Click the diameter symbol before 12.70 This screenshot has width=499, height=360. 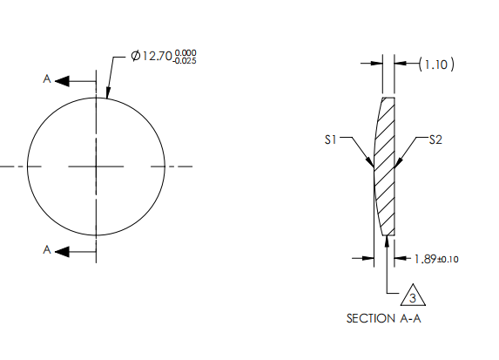point(137,57)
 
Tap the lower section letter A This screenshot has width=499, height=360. point(47,250)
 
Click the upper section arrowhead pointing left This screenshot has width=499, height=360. point(62,81)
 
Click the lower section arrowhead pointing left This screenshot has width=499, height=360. point(62,252)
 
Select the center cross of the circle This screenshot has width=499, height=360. point(96,166)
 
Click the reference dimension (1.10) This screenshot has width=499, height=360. point(436,64)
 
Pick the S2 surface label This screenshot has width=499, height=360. point(435,139)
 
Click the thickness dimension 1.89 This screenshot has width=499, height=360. point(425,259)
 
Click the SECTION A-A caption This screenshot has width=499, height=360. point(383,319)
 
